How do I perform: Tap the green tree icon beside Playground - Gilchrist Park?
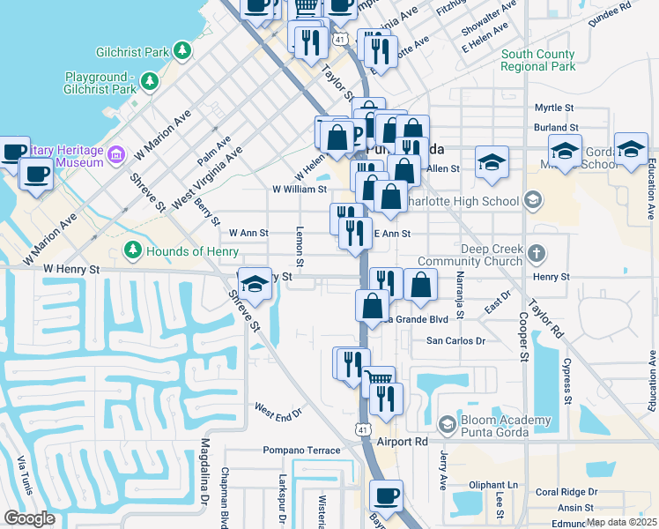[150, 82]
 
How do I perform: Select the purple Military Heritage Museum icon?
[116, 157]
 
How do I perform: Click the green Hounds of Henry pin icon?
[133, 251]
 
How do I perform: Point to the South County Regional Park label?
[537, 60]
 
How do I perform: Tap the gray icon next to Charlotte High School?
[531, 201]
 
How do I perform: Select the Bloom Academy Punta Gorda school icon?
[447, 425]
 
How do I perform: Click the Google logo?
[29, 518]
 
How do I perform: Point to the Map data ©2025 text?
[621, 522]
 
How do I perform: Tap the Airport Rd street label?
[401, 441]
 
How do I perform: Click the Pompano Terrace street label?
[301, 451]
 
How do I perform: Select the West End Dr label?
[278, 410]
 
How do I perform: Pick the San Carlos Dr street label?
[455, 340]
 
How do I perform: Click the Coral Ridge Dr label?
[566, 492]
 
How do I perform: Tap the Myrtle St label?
[554, 108]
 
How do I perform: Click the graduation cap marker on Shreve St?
[255, 284]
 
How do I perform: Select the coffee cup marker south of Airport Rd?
[386, 496]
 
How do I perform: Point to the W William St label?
[300, 189]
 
